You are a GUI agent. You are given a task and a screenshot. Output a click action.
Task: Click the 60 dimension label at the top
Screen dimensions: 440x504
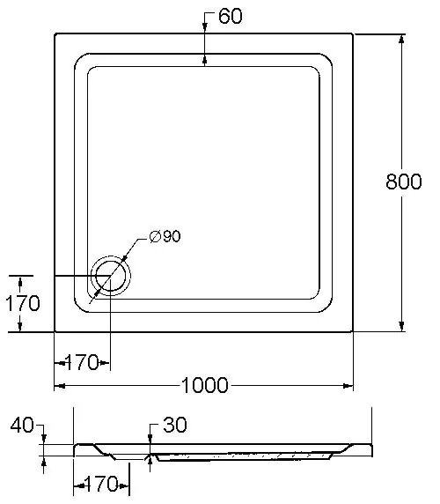point(231,16)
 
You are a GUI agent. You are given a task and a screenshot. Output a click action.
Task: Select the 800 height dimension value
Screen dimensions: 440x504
point(403,182)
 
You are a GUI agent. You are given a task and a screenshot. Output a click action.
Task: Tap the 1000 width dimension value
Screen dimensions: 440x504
point(205,385)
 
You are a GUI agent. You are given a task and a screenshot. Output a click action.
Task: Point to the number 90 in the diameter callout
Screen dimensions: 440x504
point(172,236)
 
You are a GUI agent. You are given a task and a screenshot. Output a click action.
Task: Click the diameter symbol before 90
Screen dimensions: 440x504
point(156,236)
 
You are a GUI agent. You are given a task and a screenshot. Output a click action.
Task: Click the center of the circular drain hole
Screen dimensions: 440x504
point(111,276)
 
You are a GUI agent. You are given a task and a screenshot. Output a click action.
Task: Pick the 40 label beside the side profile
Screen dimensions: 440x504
point(22,425)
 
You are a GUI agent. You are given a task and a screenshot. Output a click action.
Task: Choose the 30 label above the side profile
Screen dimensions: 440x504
point(175,425)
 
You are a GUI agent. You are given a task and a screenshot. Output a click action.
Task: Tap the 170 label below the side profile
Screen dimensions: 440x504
point(101,484)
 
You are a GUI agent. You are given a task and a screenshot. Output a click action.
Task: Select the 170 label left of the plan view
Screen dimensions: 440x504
point(23,303)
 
